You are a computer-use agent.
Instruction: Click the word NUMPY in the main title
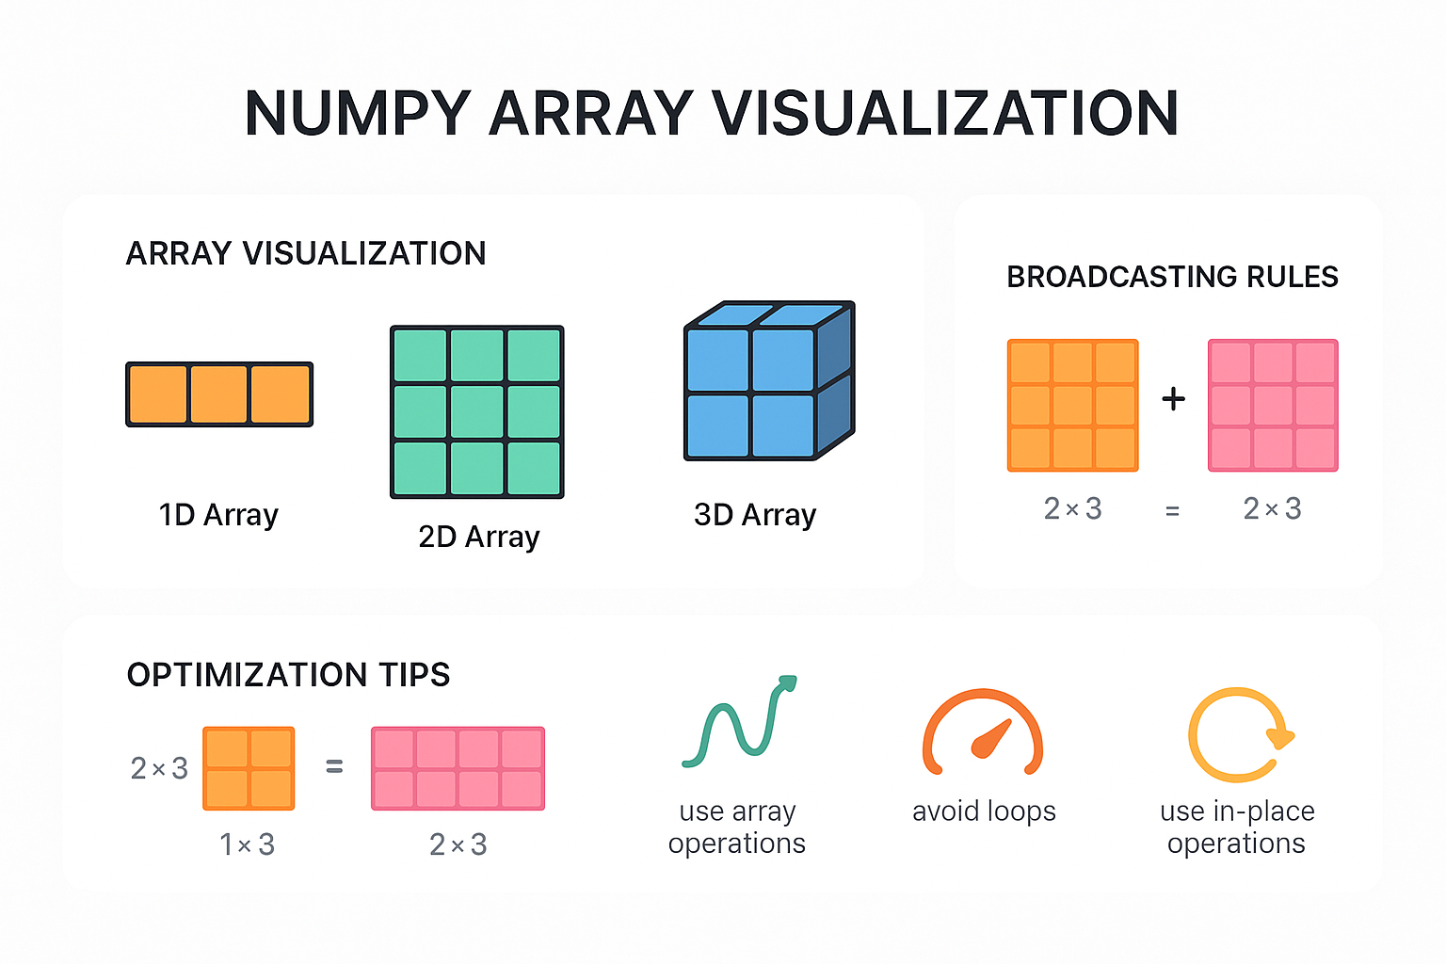(x=357, y=114)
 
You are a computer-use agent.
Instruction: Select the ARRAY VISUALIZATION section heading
(x=306, y=253)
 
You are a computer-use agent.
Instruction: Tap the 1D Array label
(x=218, y=515)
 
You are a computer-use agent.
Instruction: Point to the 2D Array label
(x=478, y=537)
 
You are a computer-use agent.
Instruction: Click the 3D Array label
(x=754, y=515)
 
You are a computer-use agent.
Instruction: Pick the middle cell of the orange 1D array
(x=219, y=394)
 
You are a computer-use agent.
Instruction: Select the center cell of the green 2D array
(x=477, y=412)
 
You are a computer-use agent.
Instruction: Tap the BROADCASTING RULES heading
(x=1172, y=277)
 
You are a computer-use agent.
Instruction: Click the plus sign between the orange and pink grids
(x=1173, y=399)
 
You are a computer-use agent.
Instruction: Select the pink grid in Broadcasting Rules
(x=1273, y=406)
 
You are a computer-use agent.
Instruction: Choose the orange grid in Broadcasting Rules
(x=1072, y=406)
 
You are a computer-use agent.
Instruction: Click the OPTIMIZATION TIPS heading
(x=288, y=675)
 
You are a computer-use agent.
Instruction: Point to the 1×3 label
(x=247, y=844)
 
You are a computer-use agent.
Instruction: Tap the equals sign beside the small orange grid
(x=334, y=767)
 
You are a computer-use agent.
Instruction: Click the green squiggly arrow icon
(x=739, y=720)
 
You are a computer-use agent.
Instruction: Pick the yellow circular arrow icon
(x=1238, y=735)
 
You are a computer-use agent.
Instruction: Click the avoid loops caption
(x=984, y=811)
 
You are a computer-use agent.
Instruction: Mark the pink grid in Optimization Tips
(x=458, y=768)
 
